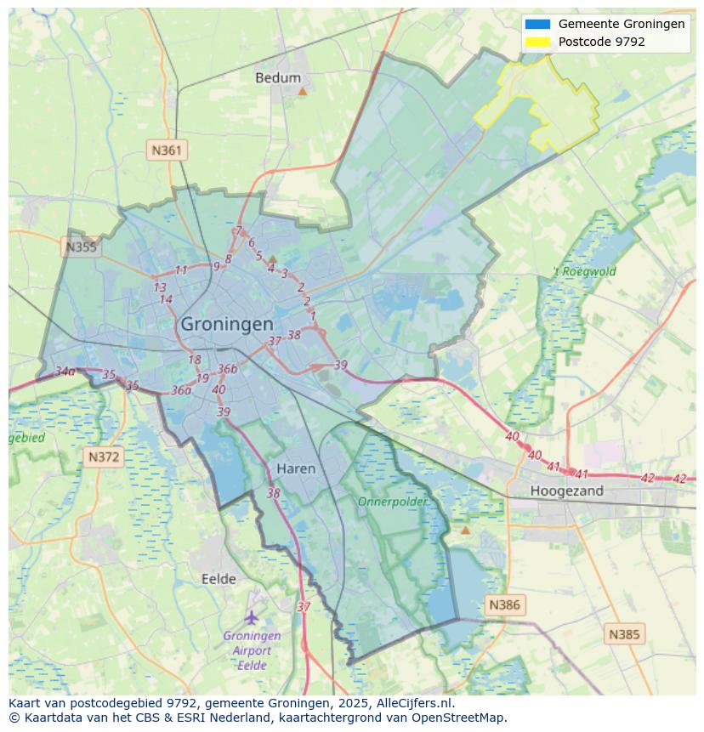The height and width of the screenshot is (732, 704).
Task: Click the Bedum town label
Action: [278, 78]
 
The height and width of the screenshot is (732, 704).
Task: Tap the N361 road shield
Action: [167, 150]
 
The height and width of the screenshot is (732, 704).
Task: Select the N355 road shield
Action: [81, 247]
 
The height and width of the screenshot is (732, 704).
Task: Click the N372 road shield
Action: [104, 457]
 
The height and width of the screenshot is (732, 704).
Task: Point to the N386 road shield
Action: [504, 605]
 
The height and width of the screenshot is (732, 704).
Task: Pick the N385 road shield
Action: [625, 634]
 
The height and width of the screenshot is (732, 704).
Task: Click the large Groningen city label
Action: [227, 324]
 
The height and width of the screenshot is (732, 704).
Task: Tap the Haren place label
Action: [296, 468]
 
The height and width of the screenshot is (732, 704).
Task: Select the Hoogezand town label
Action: [566, 491]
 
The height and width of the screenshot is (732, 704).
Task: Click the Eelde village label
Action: [219, 579]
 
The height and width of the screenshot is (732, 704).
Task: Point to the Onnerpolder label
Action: [392, 502]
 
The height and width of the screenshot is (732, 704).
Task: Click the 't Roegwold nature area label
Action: [584, 272]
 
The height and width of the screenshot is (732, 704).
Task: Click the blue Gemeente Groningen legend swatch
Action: [537, 25]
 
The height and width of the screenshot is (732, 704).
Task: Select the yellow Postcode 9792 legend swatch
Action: [537, 42]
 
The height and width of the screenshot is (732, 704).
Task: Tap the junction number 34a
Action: [65, 372]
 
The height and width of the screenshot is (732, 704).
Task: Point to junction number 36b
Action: [227, 369]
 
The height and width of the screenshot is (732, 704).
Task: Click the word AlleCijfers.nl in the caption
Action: [413, 703]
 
